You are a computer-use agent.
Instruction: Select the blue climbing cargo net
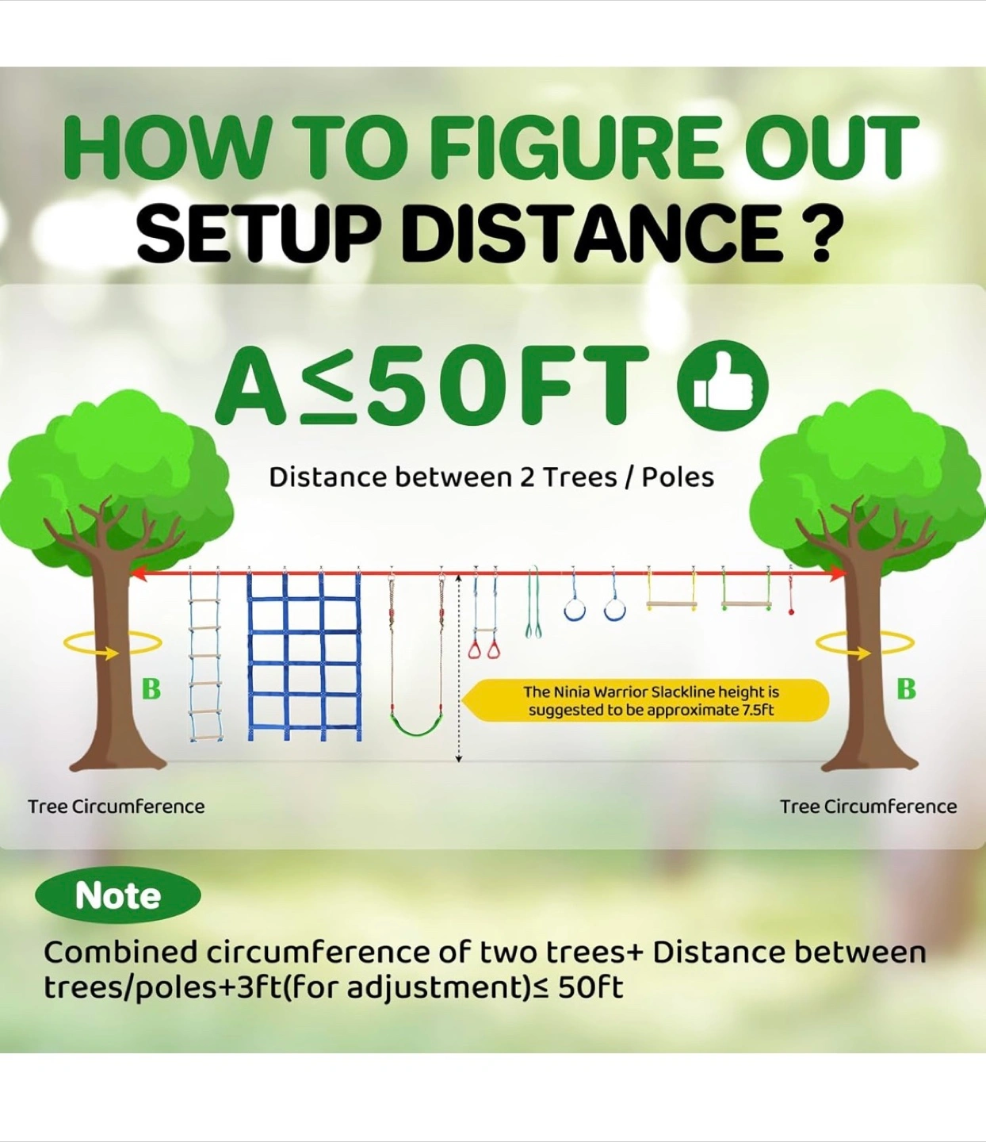click(304, 656)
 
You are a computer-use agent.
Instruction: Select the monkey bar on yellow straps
click(671, 604)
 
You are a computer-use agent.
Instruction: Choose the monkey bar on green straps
click(746, 604)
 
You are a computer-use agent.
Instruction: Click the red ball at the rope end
click(791, 612)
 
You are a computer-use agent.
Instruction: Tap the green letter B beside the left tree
click(151, 688)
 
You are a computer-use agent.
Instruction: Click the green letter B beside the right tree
click(906, 688)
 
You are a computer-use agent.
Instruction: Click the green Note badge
click(117, 895)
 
